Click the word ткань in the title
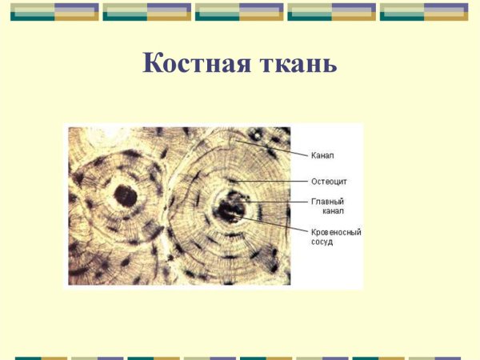click(x=296, y=63)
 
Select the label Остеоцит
click(x=328, y=182)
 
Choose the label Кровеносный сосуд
click(x=336, y=237)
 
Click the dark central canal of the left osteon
click(x=124, y=194)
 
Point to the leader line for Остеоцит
click(x=272, y=182)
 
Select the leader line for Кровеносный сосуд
click(x=276, y=224)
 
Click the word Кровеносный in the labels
click(x=336, y=232)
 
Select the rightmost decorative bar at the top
click(x=424, y=11)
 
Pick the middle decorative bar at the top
click(x=239, y=11)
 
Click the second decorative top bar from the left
click(x=147, y=11)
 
